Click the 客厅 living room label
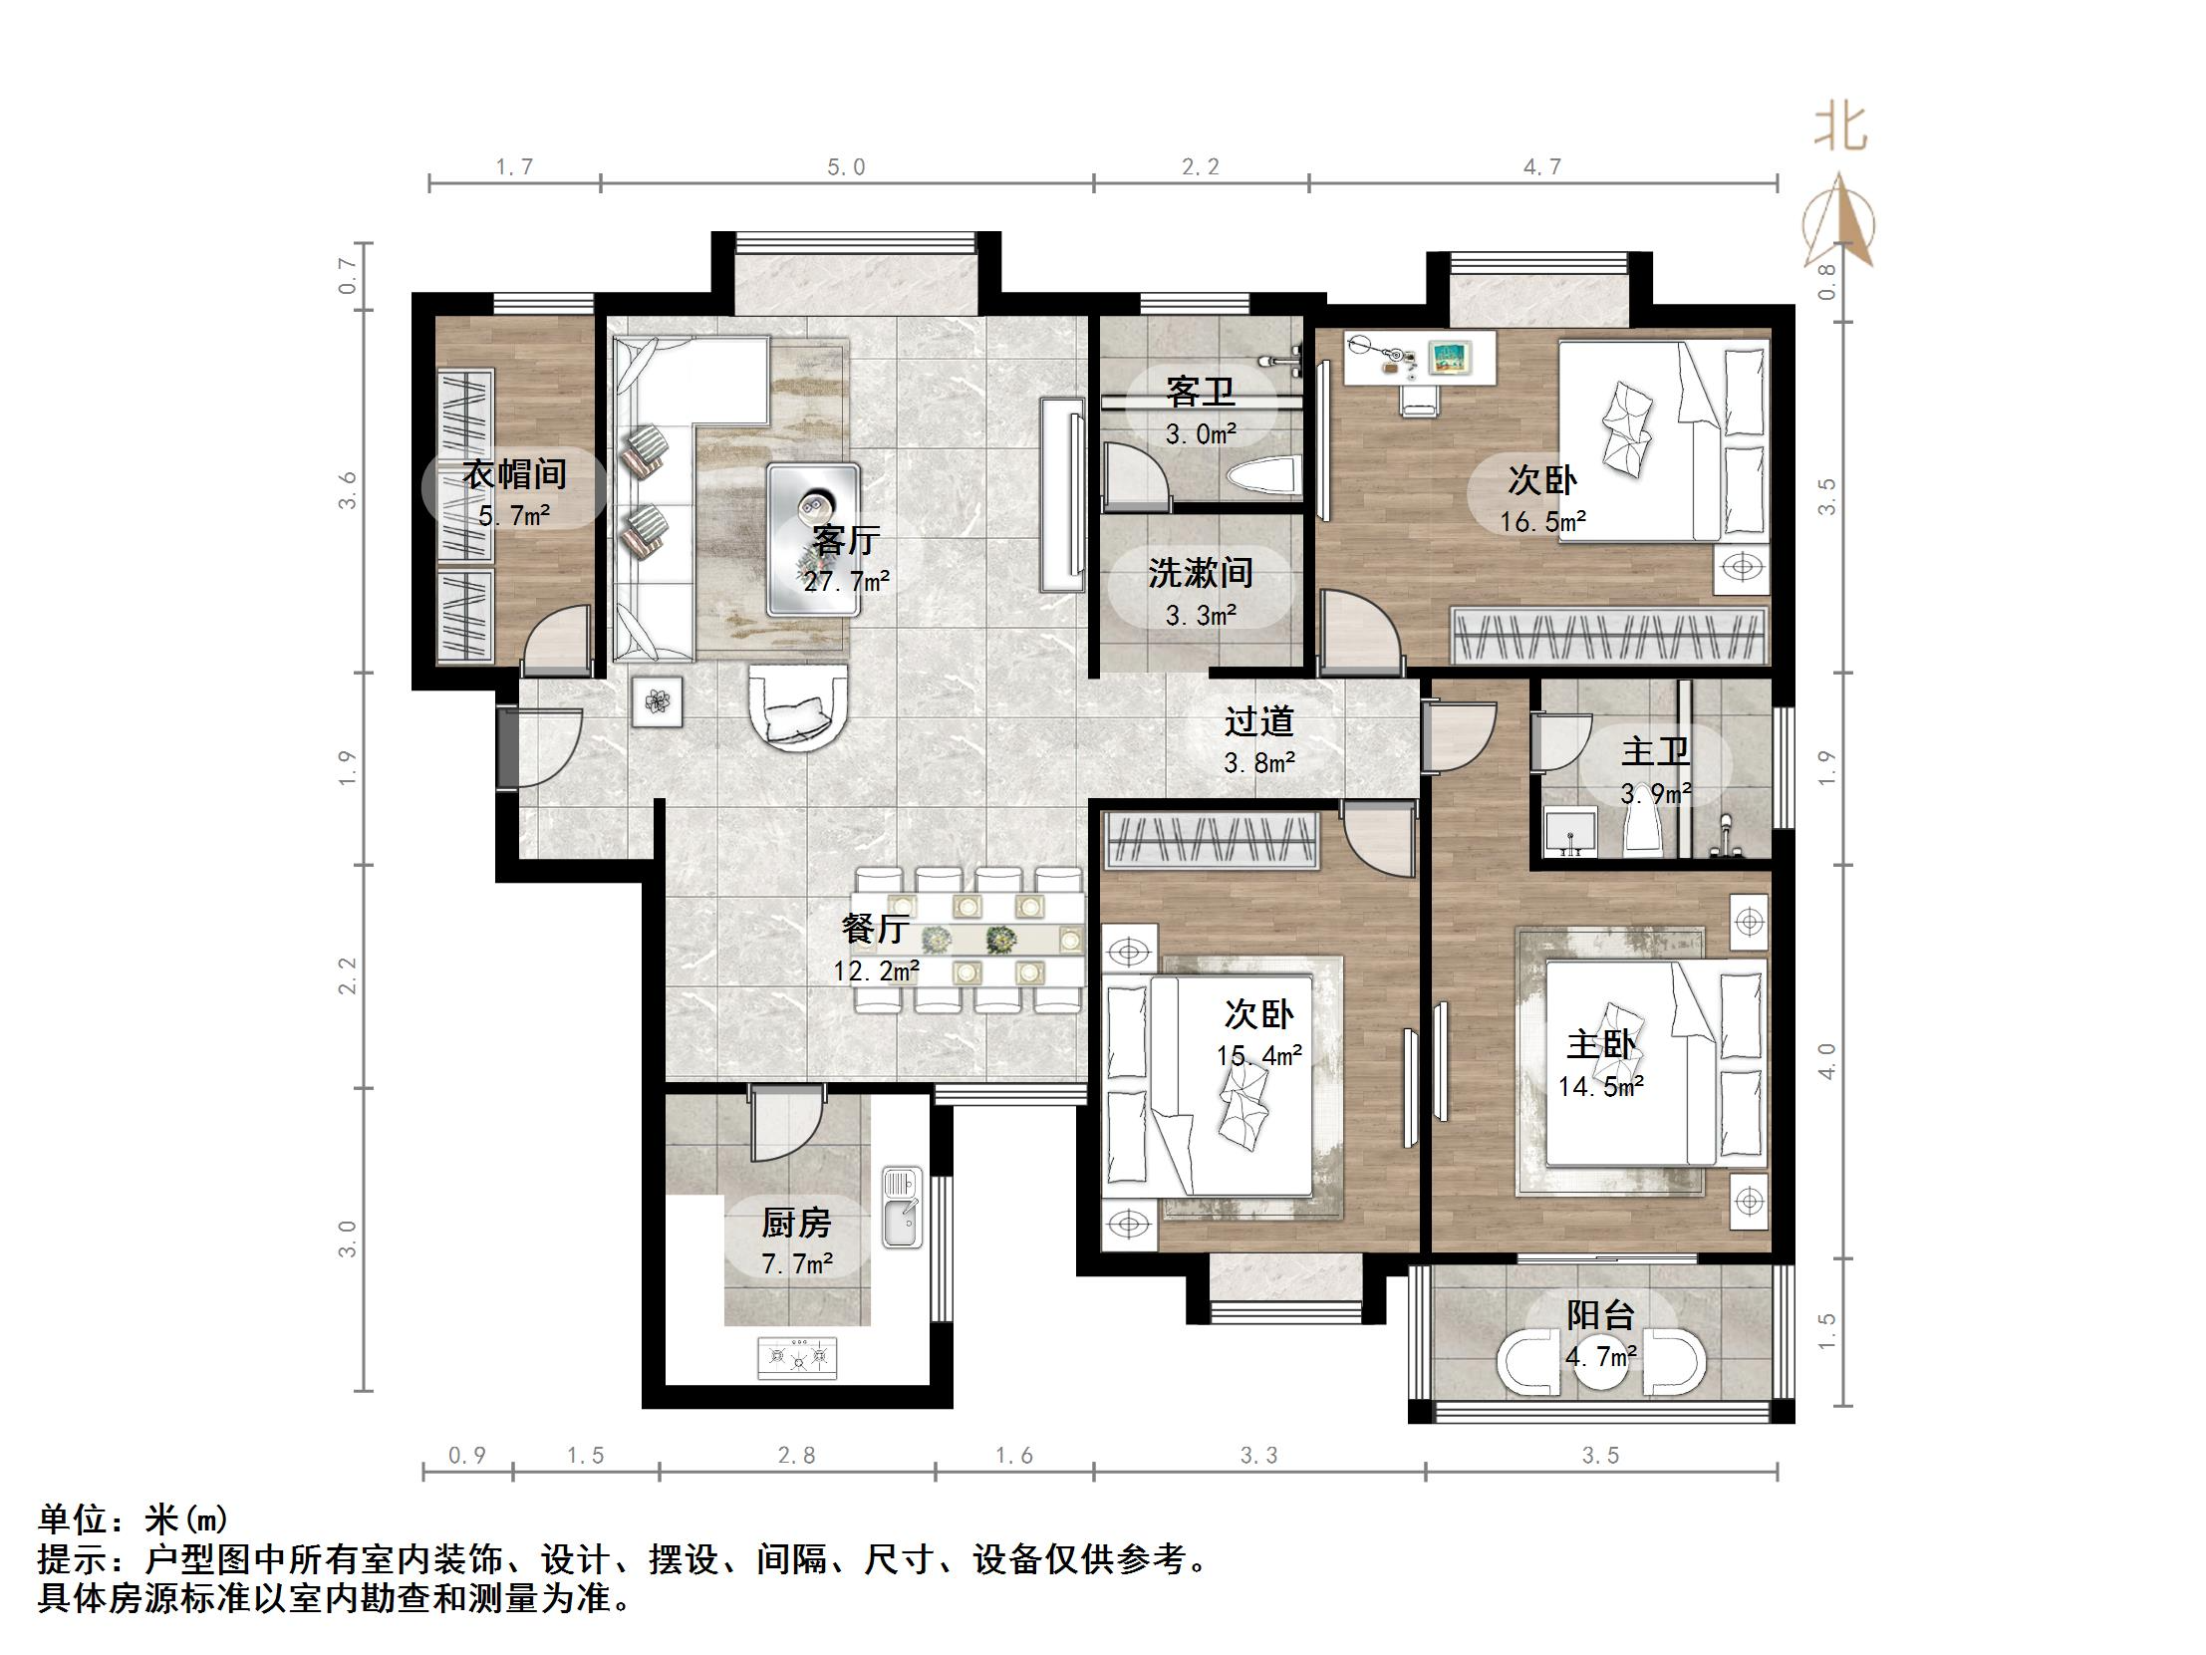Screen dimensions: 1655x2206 pos(846,541)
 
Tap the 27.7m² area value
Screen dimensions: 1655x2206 pos(846,582)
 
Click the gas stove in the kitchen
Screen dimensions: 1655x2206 pos(798,1358)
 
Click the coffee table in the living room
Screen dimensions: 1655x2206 pos(813,539)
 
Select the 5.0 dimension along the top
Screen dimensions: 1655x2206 pos(846,167)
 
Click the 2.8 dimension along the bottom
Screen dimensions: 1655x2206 pos(796,1456)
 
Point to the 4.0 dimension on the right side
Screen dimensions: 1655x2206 pos(1826,1060)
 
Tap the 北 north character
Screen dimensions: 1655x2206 pos(1839,129)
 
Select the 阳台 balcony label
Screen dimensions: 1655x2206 pos(1599,1315)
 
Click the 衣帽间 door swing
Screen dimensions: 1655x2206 pos(560,640)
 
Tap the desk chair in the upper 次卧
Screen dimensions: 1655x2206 pos(1418,400)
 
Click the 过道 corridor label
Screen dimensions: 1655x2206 pos(1258,721)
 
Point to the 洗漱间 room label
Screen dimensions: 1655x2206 pos(1200,573)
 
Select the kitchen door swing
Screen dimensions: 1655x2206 pos(787,1124)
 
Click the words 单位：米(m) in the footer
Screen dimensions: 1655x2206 pos(134,1519)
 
